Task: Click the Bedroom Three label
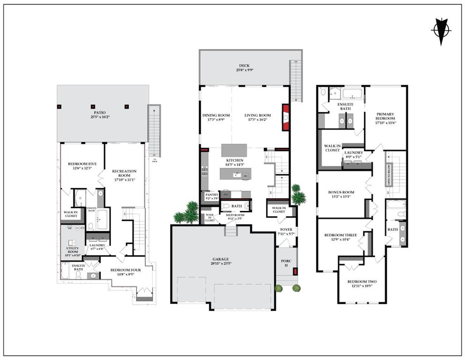click(x=340, y=237)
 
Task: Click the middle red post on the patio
click(x=93, y=106)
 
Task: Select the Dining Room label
click(x=216, y=117)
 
